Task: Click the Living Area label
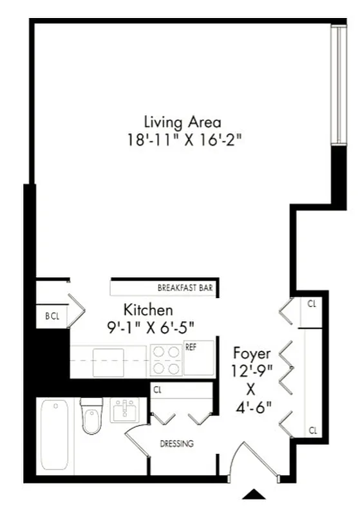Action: coord(182,121)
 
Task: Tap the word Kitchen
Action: coord(148,310)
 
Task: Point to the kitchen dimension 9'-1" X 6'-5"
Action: coord(150,326)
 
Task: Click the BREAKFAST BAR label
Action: coord(185,288)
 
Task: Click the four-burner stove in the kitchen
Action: coord(166,360)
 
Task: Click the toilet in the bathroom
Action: coord(91,417)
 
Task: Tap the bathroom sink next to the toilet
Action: coord(126,410)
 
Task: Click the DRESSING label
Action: coord(176,444)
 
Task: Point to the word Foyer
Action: coord(251,353)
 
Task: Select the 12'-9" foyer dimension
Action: coord(252,371)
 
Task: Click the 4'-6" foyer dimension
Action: coord(252,407)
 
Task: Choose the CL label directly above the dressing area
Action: coord(157,389)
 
